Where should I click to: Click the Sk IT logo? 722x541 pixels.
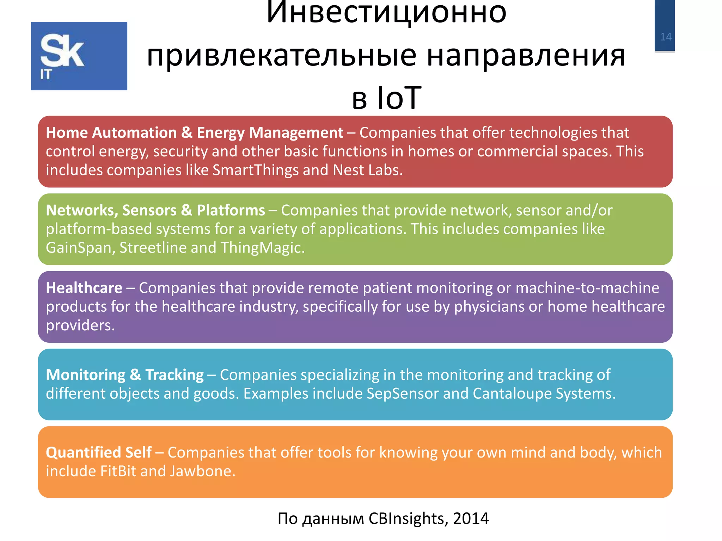(x=79, y=56)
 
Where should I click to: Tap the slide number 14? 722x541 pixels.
(x=666, y=37)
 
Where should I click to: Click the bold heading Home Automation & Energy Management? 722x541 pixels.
(x=194, y=133)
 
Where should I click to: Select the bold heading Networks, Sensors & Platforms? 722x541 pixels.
(x=155, y=210)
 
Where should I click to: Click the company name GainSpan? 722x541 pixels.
(x=79, y=248)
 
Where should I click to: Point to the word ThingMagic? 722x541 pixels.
(x=262, y=248)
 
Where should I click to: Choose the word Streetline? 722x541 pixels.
(x=153, y=248)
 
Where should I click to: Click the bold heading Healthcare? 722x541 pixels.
(x=84, y=288)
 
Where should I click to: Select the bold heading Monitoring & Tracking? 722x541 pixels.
(x=125, y=375)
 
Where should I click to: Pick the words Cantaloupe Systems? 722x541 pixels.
(x=543, y=393)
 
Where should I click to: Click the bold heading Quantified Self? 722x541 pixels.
(x=99, y=452)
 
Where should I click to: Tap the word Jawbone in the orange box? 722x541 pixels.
(x=202, y=471)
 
